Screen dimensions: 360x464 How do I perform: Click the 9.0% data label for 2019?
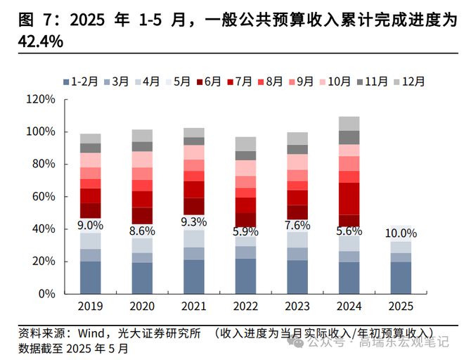tap(90, 226)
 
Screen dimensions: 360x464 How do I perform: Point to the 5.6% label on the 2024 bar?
tap(349, 231)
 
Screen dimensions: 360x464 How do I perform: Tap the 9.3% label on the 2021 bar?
tap(193, 222)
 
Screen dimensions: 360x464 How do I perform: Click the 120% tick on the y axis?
tap(41, 100)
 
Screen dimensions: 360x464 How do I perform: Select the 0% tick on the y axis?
tap(46, 294)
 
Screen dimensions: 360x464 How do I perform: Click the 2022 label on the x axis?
tap(245, 307)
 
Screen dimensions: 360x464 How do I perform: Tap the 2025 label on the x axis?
tap(400, 307)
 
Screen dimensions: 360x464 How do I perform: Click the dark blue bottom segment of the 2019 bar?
tap(90, 277)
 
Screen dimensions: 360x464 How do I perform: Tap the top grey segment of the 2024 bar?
tap(349, 123)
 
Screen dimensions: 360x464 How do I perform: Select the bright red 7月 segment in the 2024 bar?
tap(349, 198)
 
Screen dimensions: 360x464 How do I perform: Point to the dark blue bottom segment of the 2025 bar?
tap(400, 277)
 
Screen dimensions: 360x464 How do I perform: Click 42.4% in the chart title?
tap(40, 42)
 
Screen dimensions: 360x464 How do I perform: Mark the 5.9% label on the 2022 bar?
tap(245, 231)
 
